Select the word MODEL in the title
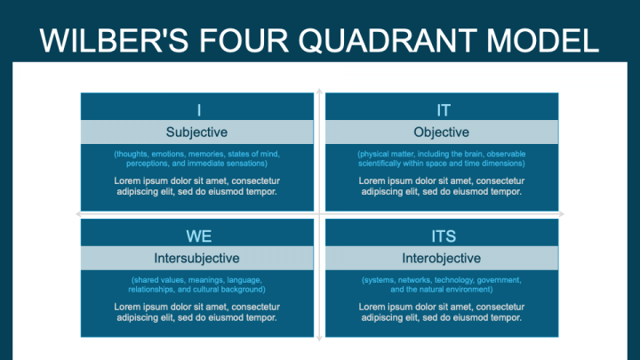click(543, 42)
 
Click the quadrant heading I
click(198, 109)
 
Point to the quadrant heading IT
click(443, 109)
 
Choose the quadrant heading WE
click(198, 236)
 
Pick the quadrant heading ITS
click(443, 236)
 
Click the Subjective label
click(197, 132)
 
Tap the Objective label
click(442, 132)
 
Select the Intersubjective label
click(197, 259)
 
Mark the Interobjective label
click(442, 259)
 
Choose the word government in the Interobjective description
click(499, 281)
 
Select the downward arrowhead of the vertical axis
click(320, 339)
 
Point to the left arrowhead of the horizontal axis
click(78, 214)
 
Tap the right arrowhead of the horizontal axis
click(562, 214)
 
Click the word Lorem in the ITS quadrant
click(373, 307)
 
